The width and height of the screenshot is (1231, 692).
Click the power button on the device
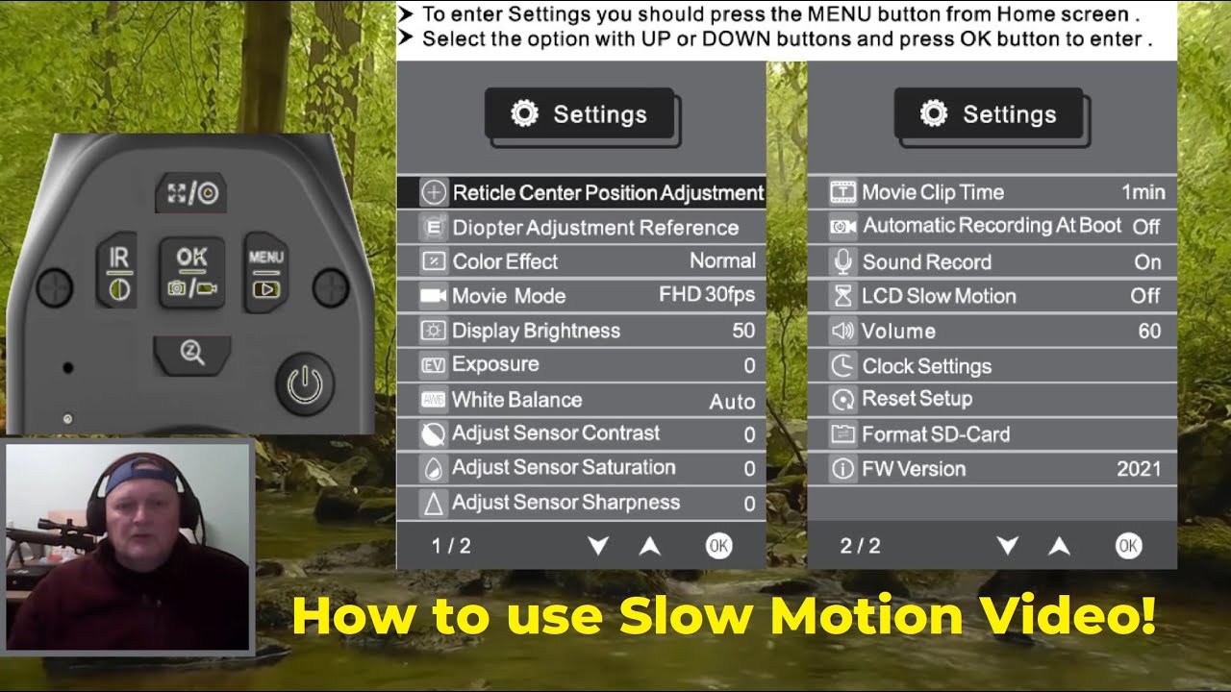[305, 384]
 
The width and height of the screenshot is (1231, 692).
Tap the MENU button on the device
[265, 273]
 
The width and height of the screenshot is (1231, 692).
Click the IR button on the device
[119, 273]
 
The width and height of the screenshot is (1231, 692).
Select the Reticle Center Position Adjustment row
[581, 192]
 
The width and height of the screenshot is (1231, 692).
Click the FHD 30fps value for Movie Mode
[707, 295]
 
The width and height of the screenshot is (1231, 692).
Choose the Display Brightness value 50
[743, 331]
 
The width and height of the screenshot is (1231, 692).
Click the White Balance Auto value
[732, 402]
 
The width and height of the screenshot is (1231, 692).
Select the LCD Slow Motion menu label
[939, 296]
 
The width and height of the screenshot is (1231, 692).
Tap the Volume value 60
[1149, 332]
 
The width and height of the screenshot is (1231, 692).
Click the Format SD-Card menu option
[936, 434]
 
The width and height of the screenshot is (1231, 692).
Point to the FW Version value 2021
[1139, 469]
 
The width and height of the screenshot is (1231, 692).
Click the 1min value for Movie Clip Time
[1143, 192]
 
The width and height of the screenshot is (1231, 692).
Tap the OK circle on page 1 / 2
[718, 546]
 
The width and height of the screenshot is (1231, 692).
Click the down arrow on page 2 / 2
[1007, 546]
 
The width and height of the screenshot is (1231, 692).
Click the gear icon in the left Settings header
[524, 114]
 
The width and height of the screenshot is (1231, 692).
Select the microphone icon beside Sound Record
[843, 261]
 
